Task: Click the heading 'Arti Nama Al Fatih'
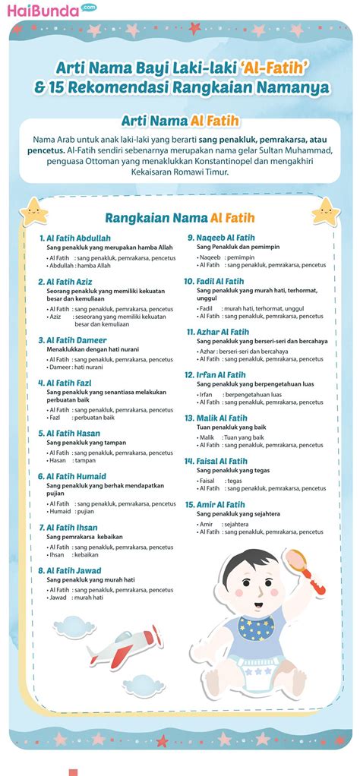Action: tap(179, 121)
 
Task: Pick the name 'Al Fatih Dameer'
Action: tap(76, 340)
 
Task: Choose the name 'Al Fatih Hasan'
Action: tap(73, 433)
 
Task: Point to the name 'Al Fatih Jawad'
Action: tap(74, 570)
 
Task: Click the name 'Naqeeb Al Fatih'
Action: tap(226, 238)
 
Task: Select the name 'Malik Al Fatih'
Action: tap(222, 418)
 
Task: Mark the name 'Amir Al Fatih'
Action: tap(221, 504)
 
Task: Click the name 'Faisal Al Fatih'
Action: tap(223, 461)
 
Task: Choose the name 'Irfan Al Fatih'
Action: tap(221, 374)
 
